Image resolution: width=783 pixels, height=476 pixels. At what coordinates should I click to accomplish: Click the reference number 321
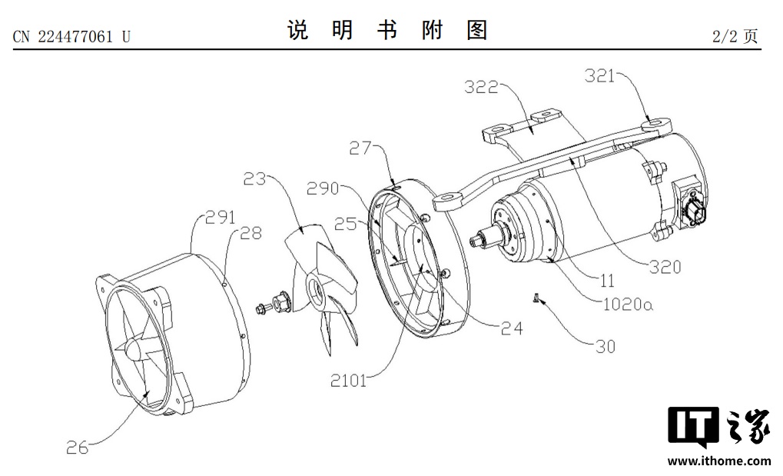click(599, 76)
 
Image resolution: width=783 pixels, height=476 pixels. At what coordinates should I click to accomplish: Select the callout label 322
click(481, 88)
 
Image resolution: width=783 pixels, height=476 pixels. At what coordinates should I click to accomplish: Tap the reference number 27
click(360, 148)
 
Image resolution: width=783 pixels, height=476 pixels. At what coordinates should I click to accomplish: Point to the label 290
click(323, 188)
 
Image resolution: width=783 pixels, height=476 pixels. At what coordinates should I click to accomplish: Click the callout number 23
click(254, 178)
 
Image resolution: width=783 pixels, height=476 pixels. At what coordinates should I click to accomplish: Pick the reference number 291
click(221, 217)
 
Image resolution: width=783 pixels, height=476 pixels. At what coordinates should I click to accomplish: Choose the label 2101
click(349, 381)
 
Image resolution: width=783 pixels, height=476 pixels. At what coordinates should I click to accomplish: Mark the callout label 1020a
click(629, 304)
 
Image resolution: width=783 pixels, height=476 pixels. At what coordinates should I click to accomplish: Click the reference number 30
click(605, 347)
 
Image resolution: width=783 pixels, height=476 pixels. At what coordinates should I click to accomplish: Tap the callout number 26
click(78, 448)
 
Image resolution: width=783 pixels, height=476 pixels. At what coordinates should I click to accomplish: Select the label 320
click(665, 267)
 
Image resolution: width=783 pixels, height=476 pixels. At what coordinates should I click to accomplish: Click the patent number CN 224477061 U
click(71, 36)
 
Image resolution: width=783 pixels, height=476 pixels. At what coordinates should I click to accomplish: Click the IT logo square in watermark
click(693, 427)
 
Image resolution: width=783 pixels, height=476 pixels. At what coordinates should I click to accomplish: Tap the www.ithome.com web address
click(719, 461)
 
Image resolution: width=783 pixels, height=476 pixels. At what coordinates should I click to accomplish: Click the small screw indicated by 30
click(535, 298)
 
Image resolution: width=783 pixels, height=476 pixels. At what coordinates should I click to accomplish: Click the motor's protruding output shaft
click(483, 238)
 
